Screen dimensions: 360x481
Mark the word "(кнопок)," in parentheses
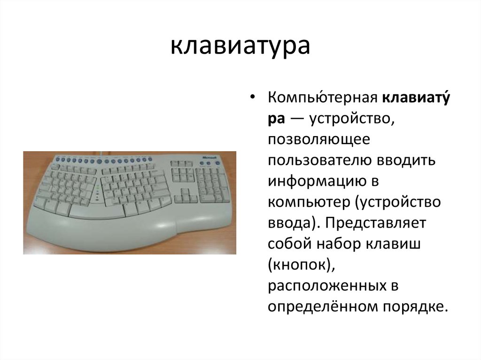301,265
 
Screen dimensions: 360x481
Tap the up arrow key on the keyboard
182,191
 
